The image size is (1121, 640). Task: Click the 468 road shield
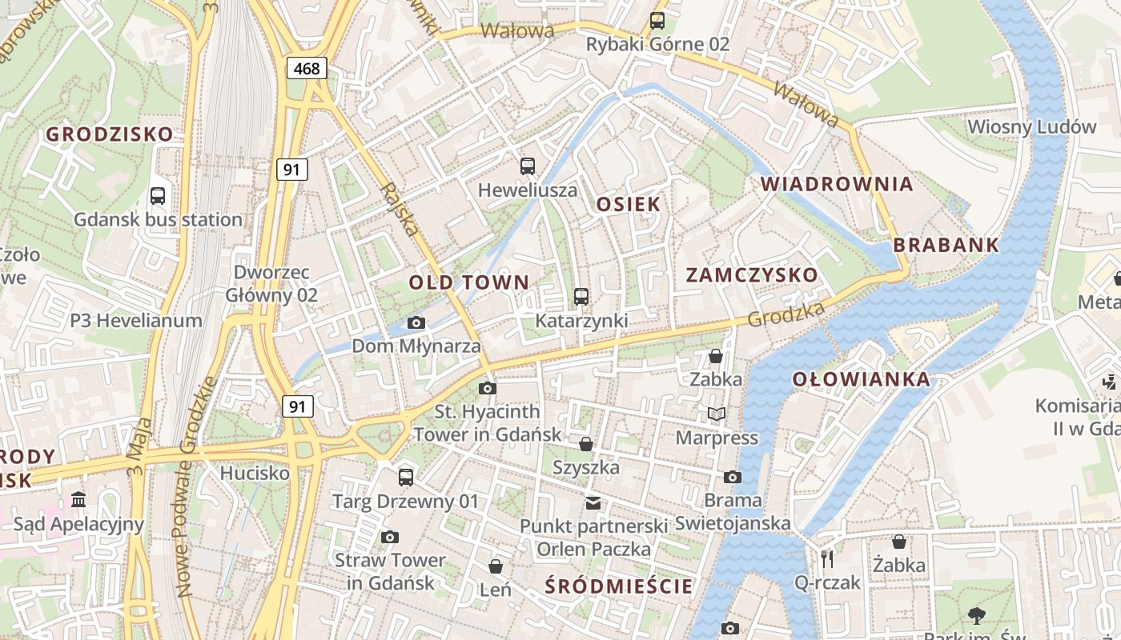pos(307,68)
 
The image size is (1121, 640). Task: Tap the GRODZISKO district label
pos(109,134)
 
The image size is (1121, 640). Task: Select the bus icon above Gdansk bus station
pos(158,195)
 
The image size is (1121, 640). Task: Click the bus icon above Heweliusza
pos(527,166)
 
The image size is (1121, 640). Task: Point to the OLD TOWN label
pos(469,282)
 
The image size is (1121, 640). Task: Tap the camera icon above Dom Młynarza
pos(416,322)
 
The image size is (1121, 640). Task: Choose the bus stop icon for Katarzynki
pos(581,297)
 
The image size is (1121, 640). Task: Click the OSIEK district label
pos(629,204)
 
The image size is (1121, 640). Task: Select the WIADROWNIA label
pos(837,183)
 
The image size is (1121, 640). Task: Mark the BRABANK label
pos(946,245)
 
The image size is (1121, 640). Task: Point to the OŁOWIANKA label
pos(862,379)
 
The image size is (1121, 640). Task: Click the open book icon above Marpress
pos(716,414)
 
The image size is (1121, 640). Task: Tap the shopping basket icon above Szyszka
pos(586,443)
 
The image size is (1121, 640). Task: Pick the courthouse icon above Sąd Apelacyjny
pos(78,500)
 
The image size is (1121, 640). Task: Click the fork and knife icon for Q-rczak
pos(827,558)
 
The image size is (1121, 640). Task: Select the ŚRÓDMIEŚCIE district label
pos(618,586)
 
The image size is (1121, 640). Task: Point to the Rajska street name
pos(400,210)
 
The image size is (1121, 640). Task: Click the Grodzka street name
pos(786,314)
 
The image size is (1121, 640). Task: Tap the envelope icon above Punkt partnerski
pos(593,502)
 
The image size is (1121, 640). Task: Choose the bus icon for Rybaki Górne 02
pos(657,20)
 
